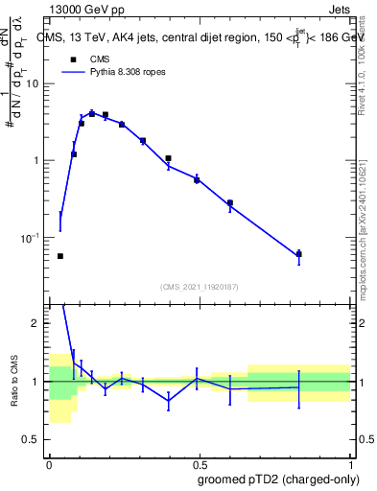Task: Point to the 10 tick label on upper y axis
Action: [36, 84]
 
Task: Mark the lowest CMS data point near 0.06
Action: [60, 256]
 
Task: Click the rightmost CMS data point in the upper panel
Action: [298, 254]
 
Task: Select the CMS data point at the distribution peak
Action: [92, 113]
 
